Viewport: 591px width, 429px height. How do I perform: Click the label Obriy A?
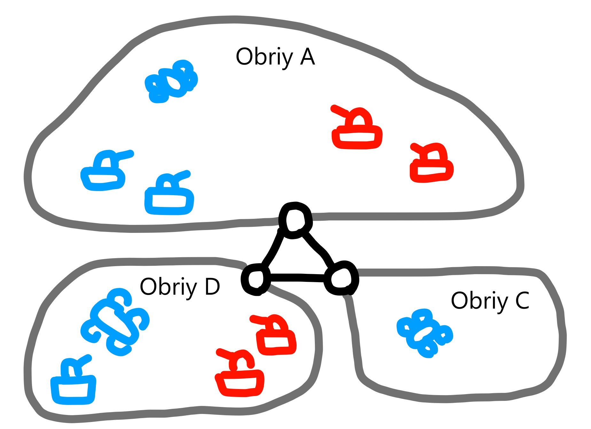point(275,57)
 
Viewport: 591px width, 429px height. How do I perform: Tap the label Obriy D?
point(180,287)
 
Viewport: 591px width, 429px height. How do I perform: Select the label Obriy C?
point(490,301)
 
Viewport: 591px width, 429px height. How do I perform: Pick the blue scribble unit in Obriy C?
point(424,333)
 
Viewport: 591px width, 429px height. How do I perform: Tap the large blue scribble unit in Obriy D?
point(115,322)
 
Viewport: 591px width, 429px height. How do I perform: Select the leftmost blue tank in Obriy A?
point(103,174)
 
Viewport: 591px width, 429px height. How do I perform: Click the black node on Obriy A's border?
point(295,220)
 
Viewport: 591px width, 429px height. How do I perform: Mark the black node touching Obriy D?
point(256,279)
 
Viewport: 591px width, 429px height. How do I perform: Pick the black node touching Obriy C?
point(341,278)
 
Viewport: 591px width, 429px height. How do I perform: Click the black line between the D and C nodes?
point(297,277)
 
